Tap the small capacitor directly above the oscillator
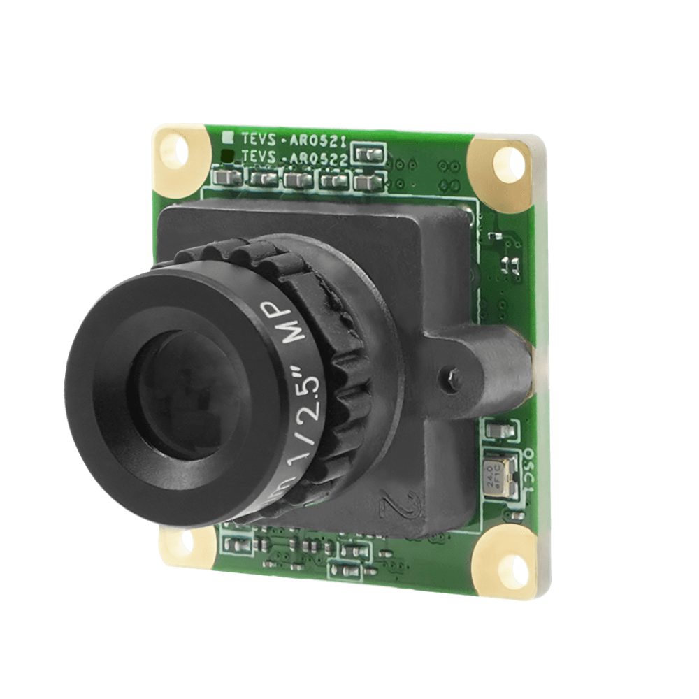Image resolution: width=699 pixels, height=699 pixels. point(497,429)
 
